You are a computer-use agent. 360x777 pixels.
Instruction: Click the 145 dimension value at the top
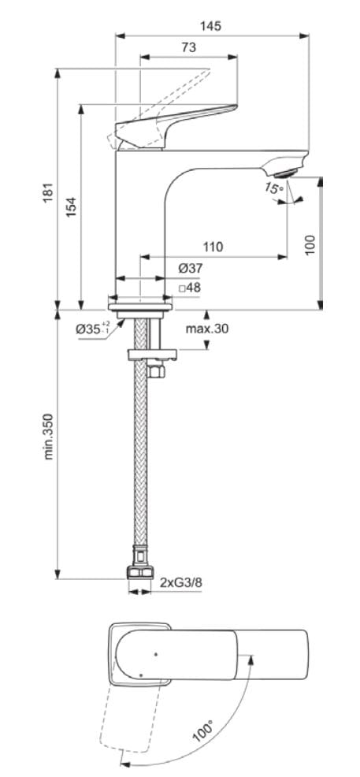[210, 25]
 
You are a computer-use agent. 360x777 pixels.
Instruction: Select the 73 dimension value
[188, 47]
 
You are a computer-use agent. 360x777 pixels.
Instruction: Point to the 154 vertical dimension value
[71, 206]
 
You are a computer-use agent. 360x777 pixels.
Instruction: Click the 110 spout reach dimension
[212, 247]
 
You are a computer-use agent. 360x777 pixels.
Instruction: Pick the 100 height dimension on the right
[310, 244]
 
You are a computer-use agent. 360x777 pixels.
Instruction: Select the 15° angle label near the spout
[273, 188]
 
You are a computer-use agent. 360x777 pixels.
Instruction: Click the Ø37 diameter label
[189, 270]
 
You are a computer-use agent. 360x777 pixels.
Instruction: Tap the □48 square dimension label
[190, 288]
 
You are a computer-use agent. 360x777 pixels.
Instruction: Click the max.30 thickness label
[207, 329]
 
